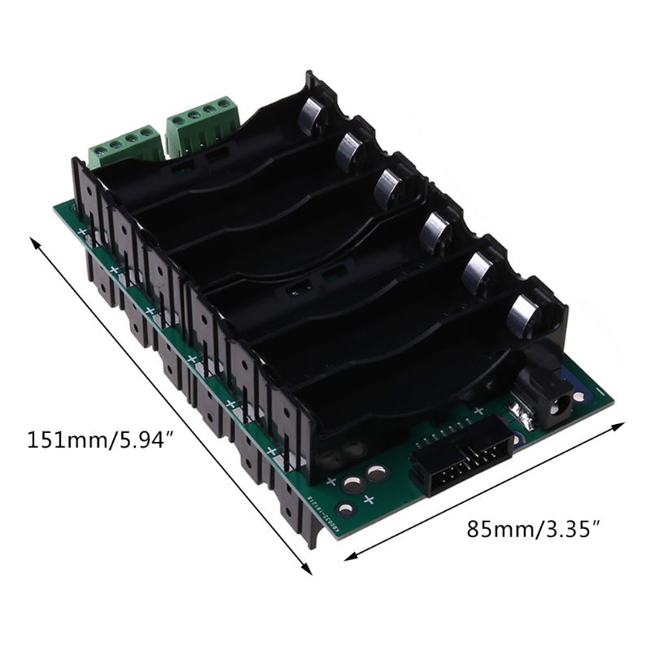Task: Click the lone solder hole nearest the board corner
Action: coord(347,510)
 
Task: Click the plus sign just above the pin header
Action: coord(479,409)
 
